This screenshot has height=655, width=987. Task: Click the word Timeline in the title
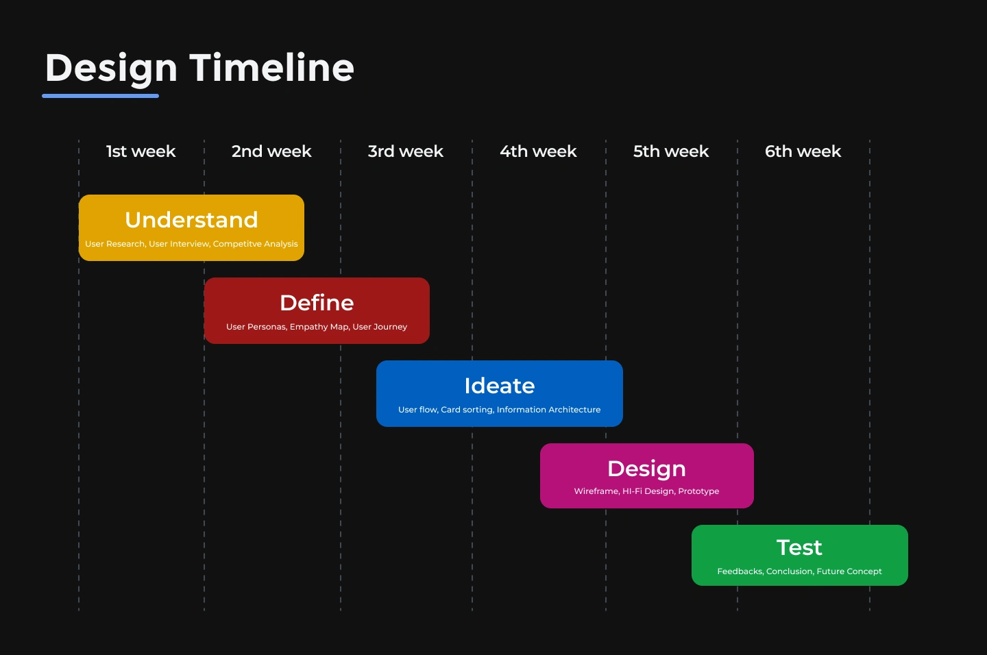pyautogui.click(x=272, y=67)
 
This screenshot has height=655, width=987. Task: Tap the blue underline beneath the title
pyautogui.click(x=101, y=96)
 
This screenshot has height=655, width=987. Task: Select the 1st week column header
pyautogui.click(x=141, y=151)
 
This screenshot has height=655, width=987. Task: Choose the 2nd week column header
pyautogui.click(x=271, y=151)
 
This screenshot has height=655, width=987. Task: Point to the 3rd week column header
pyautogui.click(x=405, y=151)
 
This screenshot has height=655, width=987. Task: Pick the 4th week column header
pyautogui.click(x=538, y=151)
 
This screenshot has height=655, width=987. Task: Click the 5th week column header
pyautogui.click(x=671, y=151)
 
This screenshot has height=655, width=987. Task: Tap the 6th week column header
pyautogui.click(x=803, y=151)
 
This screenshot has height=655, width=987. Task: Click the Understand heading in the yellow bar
pyautogui.click(x=191, y=220)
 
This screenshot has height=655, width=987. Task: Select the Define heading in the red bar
pyautogui.click(x=317, y=303)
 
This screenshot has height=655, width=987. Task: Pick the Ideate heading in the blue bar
pyautogui.click(x=500, y=386)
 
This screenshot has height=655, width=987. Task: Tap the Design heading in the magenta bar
pyautogui.click(x=647, y=469)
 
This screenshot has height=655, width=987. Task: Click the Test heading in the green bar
pyautogui.click(x=799, y=547)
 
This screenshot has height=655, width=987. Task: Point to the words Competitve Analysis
pyautogui.click(x=255, y=244)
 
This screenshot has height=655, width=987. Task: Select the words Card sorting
pyautogui.click(x=467, y=410)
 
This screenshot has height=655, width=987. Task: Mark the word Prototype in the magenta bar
pyautogui.click(x=698, y=491)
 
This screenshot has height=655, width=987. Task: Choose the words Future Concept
pyautogui.click(x=849, y=571)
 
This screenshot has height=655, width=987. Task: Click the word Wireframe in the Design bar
pyautogui.click(x=596, y=491)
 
